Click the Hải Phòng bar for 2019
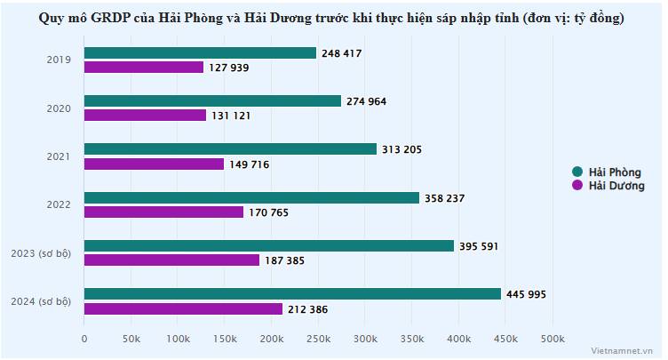200,53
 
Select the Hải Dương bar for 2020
145,116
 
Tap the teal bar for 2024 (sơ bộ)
292,293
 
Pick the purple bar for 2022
163,212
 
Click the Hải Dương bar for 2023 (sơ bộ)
171,260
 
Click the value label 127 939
231,68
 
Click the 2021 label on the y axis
59,156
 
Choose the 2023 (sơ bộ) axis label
41,253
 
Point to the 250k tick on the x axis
318,339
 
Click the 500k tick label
553,339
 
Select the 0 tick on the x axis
84,339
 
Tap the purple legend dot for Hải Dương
577,186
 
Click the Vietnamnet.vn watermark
626,349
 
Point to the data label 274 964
366,101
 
